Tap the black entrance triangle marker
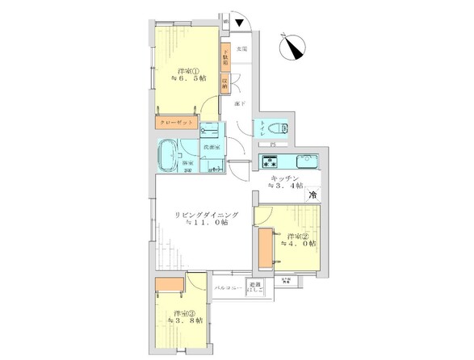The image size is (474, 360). [239, 23]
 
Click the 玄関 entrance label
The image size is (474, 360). [241, 50]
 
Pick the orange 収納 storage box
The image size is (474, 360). [226, 82]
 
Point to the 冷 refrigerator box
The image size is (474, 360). [312, 194]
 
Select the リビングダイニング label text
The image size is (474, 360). [204, 215]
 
